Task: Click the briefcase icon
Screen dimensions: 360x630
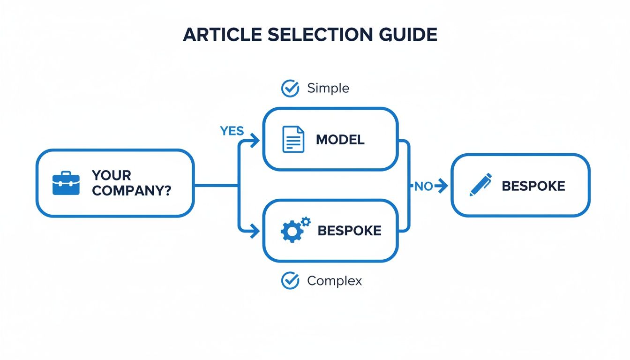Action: [66, 183]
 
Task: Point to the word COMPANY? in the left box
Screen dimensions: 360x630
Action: [132, 191]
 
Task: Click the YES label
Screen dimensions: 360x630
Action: [232, 131]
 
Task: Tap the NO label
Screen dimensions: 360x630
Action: [423, 187]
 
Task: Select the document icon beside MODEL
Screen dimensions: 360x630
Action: [293, 140]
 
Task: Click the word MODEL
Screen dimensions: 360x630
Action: [340, 140]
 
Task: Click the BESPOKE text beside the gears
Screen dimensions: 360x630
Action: [349, 230]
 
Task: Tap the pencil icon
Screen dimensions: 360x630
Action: [481, 185]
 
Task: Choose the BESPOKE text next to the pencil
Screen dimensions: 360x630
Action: [533, 186]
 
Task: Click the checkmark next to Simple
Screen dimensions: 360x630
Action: [290, 88]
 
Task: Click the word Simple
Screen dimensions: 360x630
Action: [328, 88]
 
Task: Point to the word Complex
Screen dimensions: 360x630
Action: [334, 281]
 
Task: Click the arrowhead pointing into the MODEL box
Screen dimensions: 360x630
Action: [255, 140]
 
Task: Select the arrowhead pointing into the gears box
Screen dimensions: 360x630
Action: [255, 230]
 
